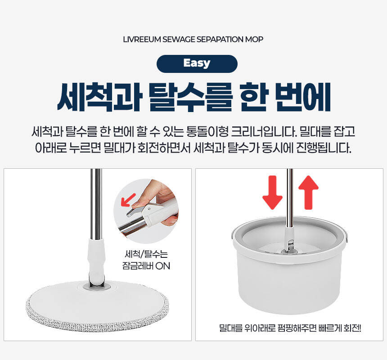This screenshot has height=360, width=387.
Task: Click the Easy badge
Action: pyautogui.click(x=197, y=63)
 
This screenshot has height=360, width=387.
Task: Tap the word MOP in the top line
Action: pyautogui.click(x=254, y=40)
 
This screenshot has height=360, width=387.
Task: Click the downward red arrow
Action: pyautogui.click(x=272, y=193)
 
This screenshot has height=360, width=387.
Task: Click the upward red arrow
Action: pyautogui.click(x=308, y=193)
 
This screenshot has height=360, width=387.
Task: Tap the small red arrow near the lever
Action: pyautogui.click(x=128, y=200)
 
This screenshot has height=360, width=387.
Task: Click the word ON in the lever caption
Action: pyautogui.click(x=162, y=266)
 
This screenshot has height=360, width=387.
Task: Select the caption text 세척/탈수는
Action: pyautogui.click(x=146, y=254)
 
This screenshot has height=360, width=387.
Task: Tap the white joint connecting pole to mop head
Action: pyautogui.click(x=96, y=261)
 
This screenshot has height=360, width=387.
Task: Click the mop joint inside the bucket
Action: pyautogui.click(x=289, y=241)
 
